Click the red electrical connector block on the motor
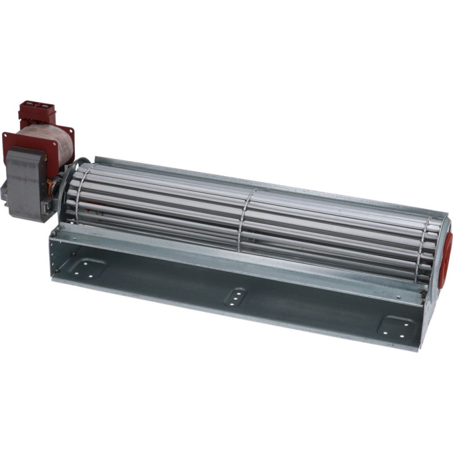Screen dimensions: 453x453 pyautogui.click(x=37, y=114)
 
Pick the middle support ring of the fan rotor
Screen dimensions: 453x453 pyautogui.click(x=243, y=221)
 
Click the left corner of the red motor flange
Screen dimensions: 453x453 pyautogui.click(x=7, y=139)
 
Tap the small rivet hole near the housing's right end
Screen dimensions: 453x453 pyautogui.click(x=424, y=294)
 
